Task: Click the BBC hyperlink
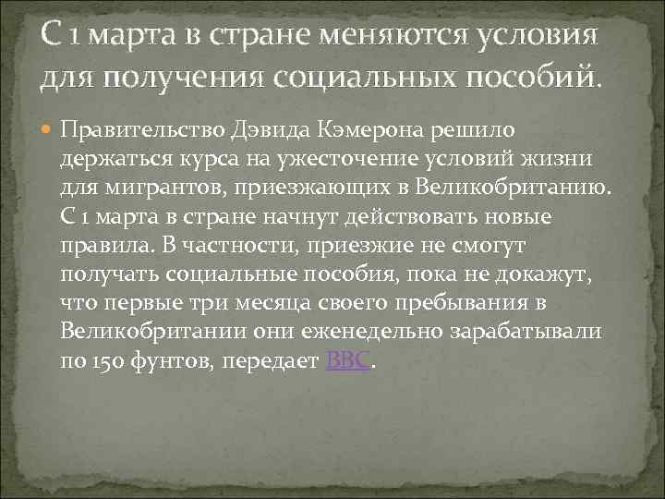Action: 348,361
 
